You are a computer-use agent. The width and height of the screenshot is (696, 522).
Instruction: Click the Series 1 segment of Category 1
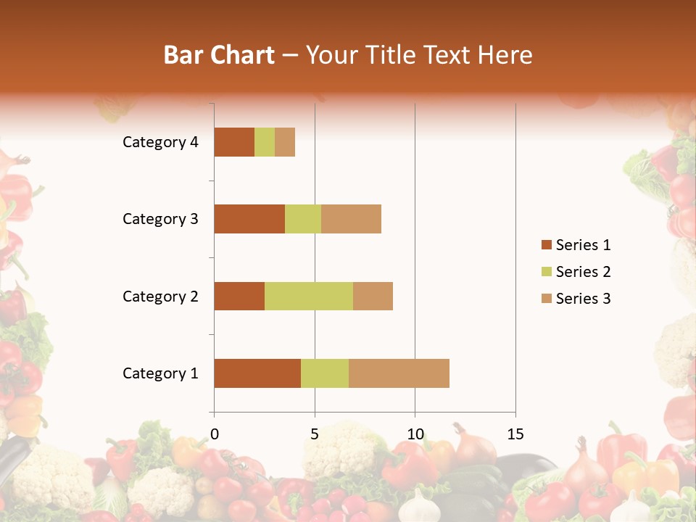click(257, 373)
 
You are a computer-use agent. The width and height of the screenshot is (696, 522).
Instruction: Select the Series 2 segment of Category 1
click(325, 373)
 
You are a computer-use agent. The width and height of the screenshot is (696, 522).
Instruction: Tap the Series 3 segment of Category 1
click(399, 373)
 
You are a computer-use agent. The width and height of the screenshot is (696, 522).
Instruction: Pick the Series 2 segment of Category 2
click(309, 296)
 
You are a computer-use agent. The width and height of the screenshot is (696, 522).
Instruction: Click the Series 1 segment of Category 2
click(239, 296)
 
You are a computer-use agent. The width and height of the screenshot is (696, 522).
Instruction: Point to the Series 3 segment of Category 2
click(373, 296)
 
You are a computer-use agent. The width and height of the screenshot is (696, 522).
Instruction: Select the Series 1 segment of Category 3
click(249, 219)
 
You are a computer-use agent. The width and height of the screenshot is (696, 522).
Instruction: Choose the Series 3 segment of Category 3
click(351, 219)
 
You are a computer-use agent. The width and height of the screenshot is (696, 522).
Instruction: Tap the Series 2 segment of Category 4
click(265, 142)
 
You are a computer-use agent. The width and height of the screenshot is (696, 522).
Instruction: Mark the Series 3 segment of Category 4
click(285, 142)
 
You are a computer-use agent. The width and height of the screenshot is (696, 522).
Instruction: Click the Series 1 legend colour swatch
click(546, 245)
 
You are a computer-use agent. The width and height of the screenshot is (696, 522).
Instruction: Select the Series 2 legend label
click(583, 272)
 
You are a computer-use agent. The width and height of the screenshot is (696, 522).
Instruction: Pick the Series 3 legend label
click(583, 299)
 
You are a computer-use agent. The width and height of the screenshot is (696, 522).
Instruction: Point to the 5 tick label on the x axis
click(315, 434)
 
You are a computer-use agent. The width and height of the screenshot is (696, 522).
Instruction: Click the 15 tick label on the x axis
click(515, 434)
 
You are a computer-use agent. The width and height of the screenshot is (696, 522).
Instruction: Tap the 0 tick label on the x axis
click(215, 434)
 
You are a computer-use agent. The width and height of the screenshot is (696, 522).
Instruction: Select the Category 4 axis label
click(160, 142)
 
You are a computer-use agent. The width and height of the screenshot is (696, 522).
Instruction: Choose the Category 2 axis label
click(160, 296)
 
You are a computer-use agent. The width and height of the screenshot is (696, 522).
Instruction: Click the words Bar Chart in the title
click(219, 55)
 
